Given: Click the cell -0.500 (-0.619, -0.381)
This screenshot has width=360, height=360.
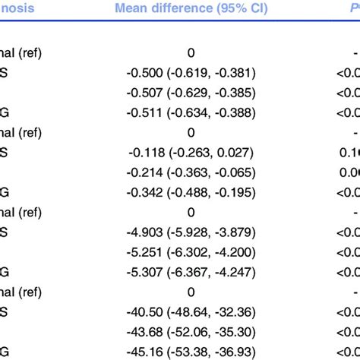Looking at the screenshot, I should click(x=191, y=73).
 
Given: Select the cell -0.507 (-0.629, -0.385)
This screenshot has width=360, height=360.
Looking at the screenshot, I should click(x=191, y=93).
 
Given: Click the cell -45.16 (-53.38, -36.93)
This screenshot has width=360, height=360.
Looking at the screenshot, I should click(x=191, y=350).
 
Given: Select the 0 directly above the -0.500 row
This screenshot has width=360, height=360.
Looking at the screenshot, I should click(x=191, y=53).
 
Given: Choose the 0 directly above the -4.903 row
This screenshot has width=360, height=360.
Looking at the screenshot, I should click(x=191, y=212).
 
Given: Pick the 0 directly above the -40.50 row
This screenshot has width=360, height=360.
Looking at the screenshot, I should click(x=191, y=291).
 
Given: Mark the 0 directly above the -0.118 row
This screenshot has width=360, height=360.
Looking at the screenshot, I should click(x=191, y=132).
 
